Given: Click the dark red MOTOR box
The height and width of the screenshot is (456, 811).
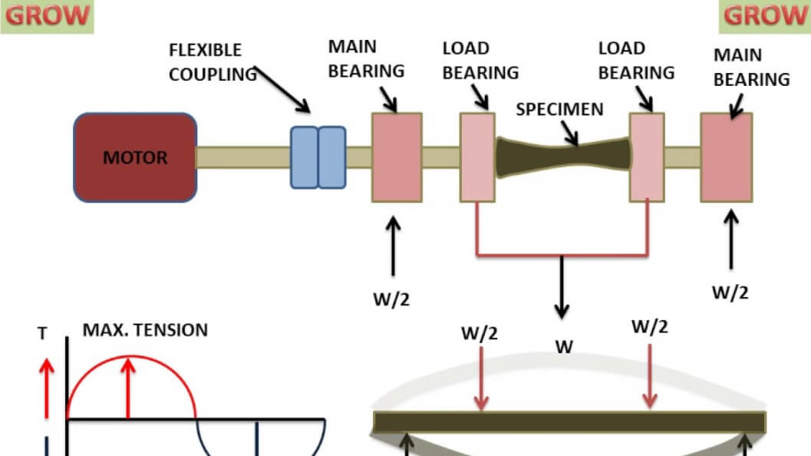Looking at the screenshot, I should pyautogui.click(x=134, y=157).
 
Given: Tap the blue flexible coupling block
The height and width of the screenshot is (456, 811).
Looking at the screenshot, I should pyautogui.click(x=318, y=157).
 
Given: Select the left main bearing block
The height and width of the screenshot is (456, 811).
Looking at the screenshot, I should pyautogui.click(x=397, y=157).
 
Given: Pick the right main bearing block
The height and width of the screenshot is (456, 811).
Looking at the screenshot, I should pyautogui.click(x=726, y=157).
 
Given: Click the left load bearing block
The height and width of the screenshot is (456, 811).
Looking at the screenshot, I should pyautogui.click(x=477, y=157).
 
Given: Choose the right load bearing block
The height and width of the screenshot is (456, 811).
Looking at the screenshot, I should pyautogui.click(x=646, y=157).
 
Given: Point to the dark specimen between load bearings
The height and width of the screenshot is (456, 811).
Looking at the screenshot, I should pyautogui.click(x=564, y=157).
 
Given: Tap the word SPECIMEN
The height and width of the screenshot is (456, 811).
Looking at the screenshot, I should pyautogui.click(x=559, y=109).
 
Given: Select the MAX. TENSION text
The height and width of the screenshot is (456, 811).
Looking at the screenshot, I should pyautogui.click(x=145, y=330).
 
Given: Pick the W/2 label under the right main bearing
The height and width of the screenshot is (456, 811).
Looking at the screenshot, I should pyautogui.click(x=730, y=292).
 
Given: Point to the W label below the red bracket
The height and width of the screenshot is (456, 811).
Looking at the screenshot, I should pyautogui.click(x=564, y=347).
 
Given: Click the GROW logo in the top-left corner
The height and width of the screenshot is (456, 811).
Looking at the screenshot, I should pyautogui.click(x=47, y=15).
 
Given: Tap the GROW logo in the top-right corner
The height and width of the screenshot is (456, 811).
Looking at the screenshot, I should pyautogui.click(x=763, y=15).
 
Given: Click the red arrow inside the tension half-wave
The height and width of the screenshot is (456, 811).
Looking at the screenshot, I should pyautogui.click(x=128, y=388).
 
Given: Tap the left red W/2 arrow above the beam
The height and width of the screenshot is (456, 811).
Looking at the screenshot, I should pyautogui.click(x=481, y=377).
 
